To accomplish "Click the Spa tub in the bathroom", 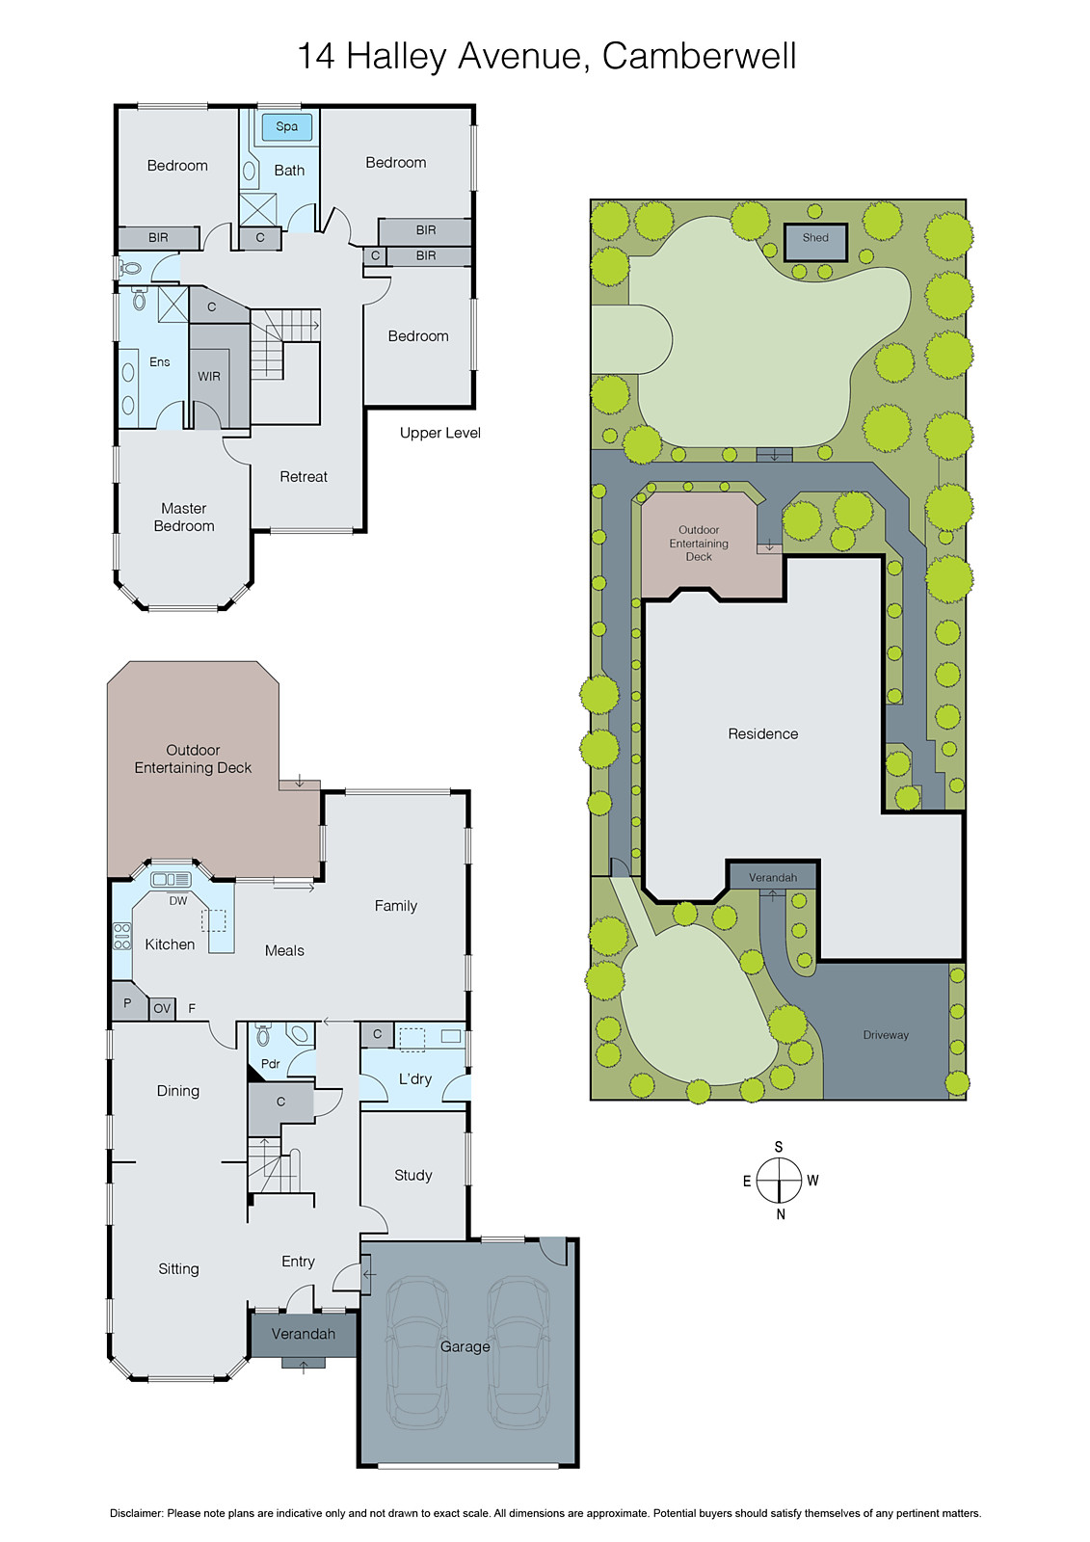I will pyautogui.click(x=286, y=126).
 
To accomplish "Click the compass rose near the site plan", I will pyautogui.click(x=779, y=1180).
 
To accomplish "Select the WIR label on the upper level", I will pyautogui.click(x=209, y=377).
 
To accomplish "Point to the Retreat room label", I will pyautogui.click(x=304, y=477).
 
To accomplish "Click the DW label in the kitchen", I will pyautogui.click(x=178, y=901).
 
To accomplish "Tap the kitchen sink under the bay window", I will pyautogui.click(x=171, y=879).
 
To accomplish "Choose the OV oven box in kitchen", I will pyautogui.click(x=162, y=1008).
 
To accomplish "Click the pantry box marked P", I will pyautogui.click(x=127, y=1003).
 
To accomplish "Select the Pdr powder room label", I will pyautogui.click(x=271, y=1064).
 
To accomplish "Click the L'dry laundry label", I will pyautogui.click(x=415, y=1079).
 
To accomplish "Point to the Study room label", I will pyautogui.click(x=412, y=1175).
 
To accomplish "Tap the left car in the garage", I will pyautogui.click(x=417, y=1349).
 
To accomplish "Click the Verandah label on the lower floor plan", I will pyautogui.click(x=304, y=1334).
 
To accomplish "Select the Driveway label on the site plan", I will pyautogui.click(x=886, y=1035).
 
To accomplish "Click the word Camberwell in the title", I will pyautogui.click(x=699, y=56).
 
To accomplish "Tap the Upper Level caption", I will pyautogui.click(x=439, y=433).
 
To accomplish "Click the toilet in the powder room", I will pyautogui.click(x=263, y=1037).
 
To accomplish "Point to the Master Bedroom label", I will pyautogui.click(x=184, y=518).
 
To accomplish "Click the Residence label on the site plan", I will pyautogui.click(x=762, y=734).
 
